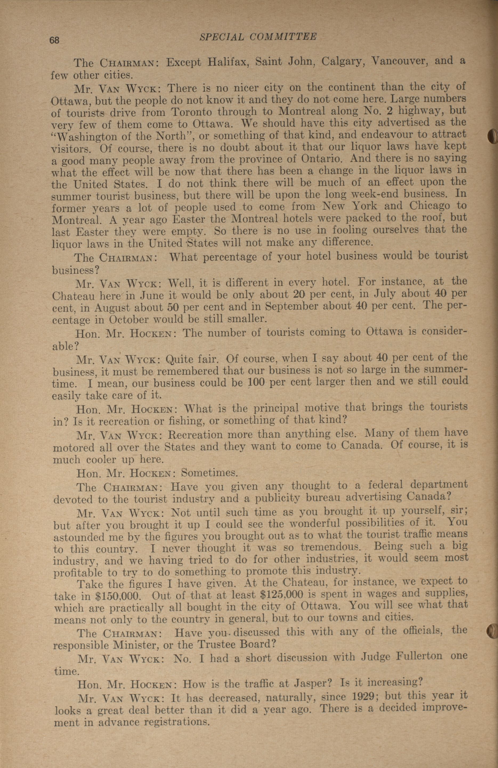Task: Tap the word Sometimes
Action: click(209, 473)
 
